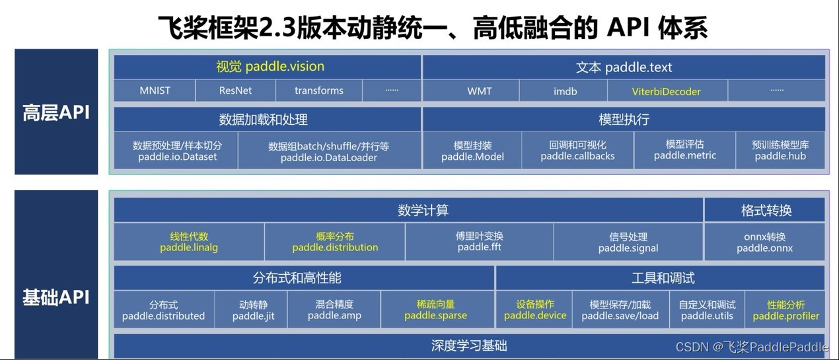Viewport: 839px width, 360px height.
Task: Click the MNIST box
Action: [155, 90]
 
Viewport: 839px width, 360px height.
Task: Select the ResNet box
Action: [235, 90]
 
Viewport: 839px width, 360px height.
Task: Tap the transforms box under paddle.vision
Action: [318, 90]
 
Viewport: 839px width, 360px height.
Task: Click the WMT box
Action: [479, 91]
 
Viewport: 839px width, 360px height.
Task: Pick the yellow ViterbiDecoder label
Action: [665, 91]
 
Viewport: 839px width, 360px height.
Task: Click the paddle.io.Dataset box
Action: [177, 151]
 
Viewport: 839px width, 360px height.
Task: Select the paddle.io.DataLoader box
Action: [328, 151]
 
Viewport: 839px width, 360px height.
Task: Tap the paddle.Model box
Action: [472, 151]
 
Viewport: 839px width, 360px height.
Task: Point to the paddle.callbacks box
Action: [577, 151]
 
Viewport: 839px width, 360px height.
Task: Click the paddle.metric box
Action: [684, 150]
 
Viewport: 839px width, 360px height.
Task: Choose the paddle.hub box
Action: [780, 151]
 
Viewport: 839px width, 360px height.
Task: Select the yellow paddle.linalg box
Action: [189, 242]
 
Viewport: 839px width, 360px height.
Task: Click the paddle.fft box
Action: [480, 242]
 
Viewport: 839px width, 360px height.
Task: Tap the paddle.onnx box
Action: [764, 242]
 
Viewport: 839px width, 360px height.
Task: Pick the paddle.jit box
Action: [253, 310]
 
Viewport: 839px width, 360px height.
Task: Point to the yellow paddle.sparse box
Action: [435, 310]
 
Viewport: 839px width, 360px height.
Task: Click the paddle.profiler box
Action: [785, 310]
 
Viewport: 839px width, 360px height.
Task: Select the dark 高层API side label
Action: [56, 112]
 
